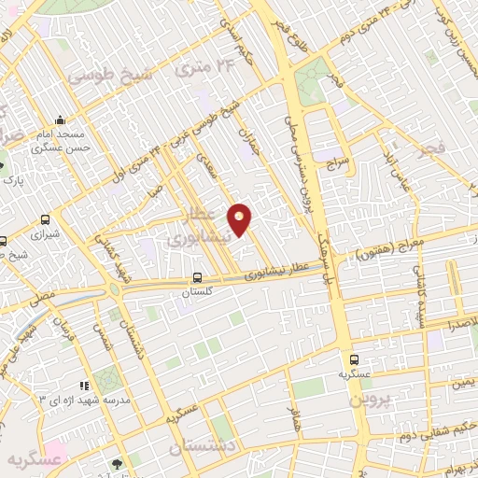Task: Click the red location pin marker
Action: tap(240, 218)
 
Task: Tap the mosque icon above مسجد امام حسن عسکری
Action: tap(61, 119)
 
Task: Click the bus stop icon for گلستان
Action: tap(196, 277)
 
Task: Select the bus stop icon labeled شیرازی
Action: tap(45, 220)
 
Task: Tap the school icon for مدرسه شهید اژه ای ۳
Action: tap(84, 385)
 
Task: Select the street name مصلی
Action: tap(44, 296)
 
